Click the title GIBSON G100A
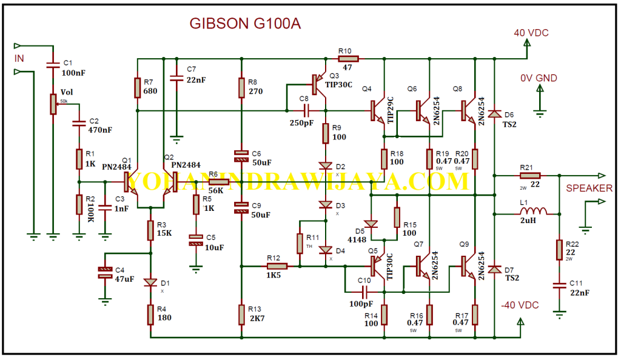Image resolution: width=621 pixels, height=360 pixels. coord(245,24)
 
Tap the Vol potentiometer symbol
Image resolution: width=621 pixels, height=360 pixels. coord(53,104)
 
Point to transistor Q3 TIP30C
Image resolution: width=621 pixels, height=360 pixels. coord(318,82)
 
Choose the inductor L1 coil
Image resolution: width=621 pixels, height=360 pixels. coord(533,213)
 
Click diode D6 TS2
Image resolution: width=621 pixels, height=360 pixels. coord(495,113)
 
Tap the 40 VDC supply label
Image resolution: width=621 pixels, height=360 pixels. coord(531,33)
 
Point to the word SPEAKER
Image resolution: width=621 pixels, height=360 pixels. coord(589,188)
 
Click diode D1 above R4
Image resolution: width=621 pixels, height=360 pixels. coord(150,282)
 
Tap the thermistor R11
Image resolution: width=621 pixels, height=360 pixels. coord(300,242)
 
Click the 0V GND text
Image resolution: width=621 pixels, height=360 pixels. coord(539,78)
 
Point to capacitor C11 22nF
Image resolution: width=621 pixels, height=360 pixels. coord(558,285)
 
